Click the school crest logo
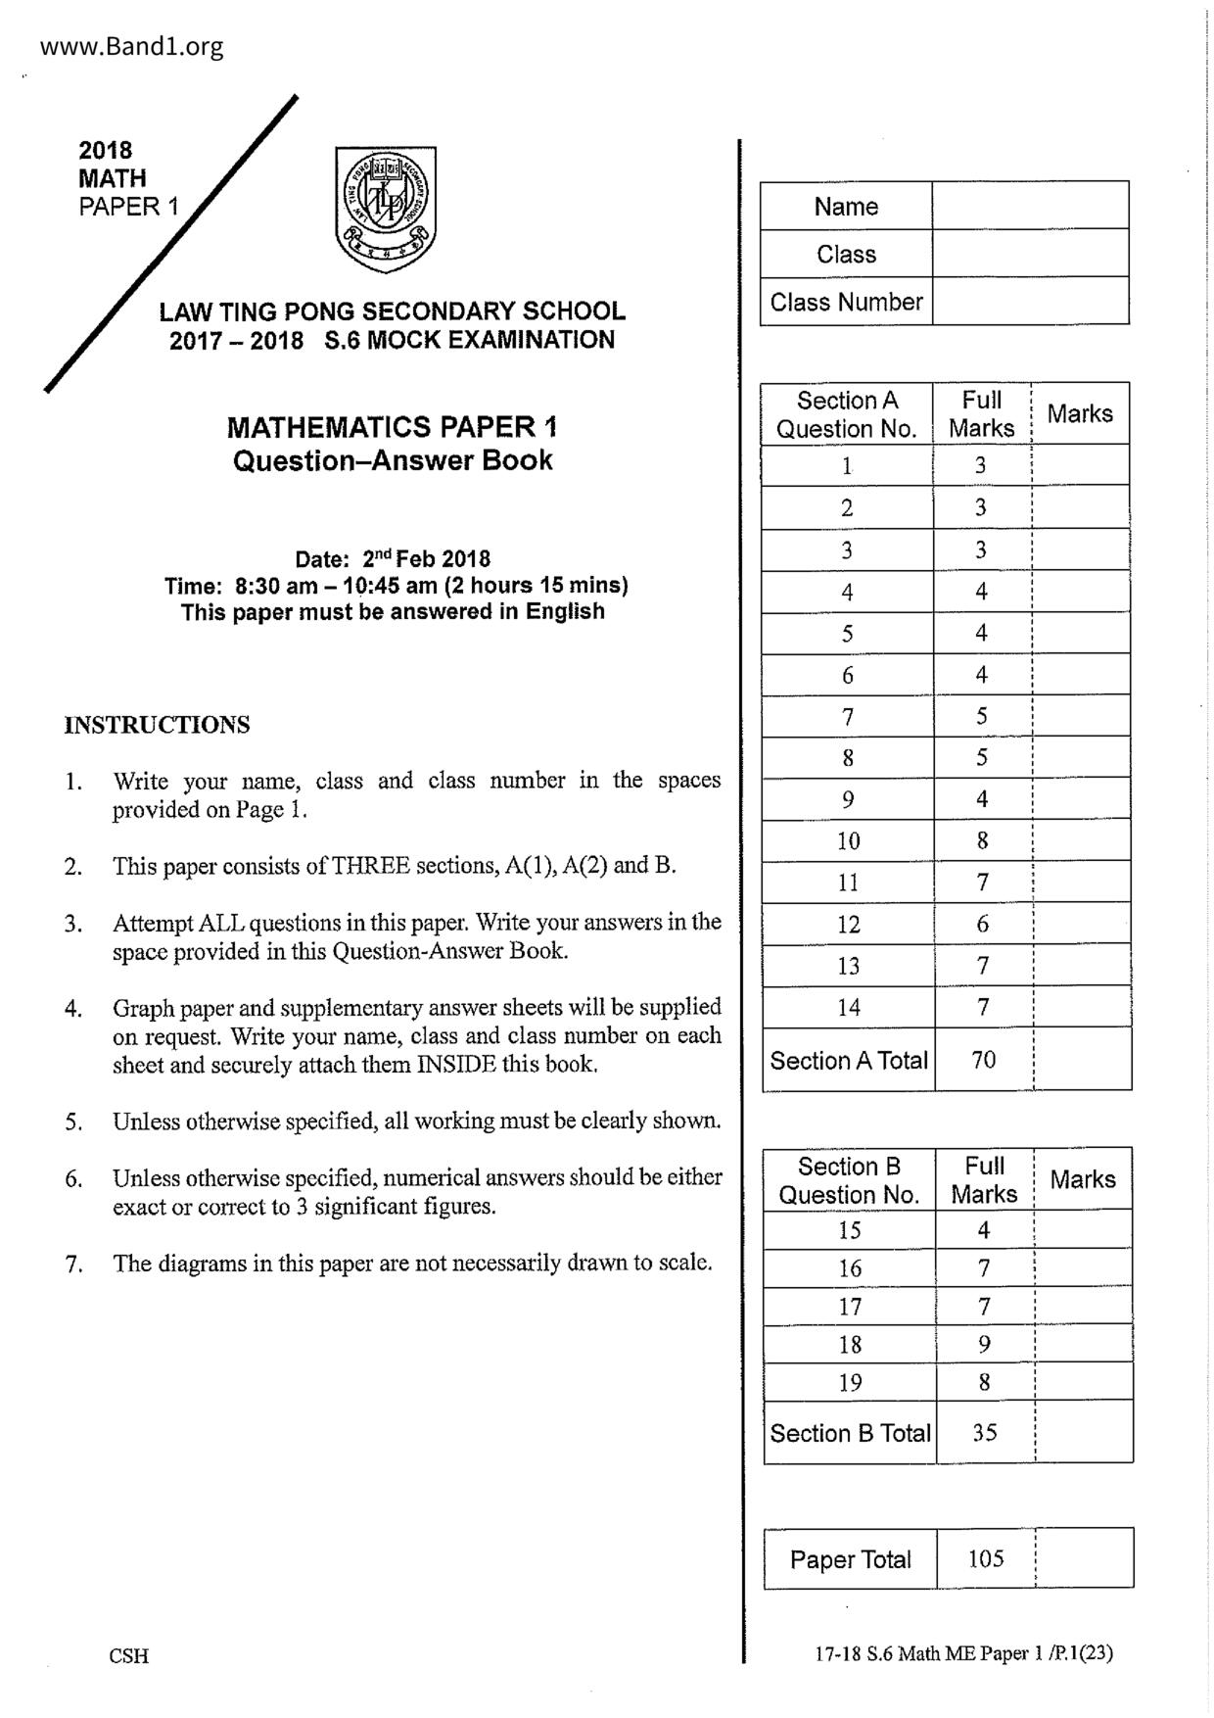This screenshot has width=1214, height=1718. [385, 209]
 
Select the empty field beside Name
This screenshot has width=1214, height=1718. [1030, 206]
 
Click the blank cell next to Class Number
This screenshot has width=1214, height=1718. [1030, 302]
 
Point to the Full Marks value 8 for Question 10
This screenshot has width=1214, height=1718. [982, 840]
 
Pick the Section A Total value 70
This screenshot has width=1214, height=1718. [983, 1059]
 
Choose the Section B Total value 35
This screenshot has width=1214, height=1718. [984, 1432]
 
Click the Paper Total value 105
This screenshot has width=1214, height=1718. [985, 1558]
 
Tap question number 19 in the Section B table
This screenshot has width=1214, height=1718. [850, 1382]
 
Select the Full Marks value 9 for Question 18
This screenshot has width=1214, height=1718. [984, 1345]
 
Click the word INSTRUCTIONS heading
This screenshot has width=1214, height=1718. [157, 725]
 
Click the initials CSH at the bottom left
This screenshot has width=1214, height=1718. [129, 1655]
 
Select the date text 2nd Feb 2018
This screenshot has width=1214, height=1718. [426, 559]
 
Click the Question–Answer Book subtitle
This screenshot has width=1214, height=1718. [393, 460]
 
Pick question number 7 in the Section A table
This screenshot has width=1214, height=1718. [848, 717]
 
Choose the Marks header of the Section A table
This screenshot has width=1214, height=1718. [1080, 413]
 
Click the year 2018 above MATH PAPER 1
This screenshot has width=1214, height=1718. [106, 150]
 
